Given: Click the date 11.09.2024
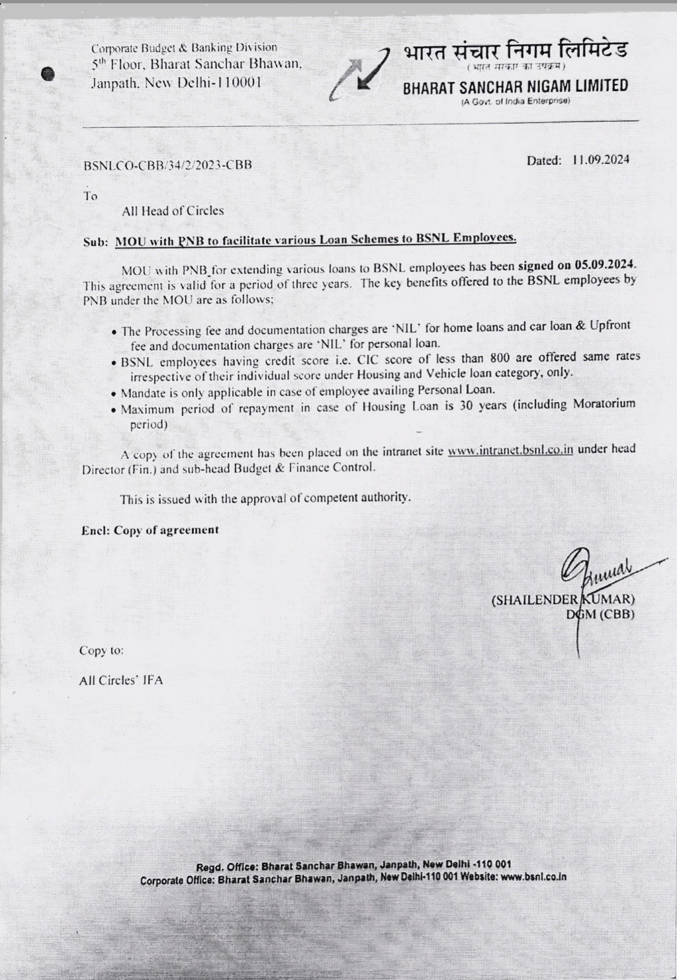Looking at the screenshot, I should (x=601, y=160).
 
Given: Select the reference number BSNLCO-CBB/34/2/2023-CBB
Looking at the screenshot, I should (x=167, y=165).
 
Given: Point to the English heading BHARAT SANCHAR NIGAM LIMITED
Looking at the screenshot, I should (x=516, y=87).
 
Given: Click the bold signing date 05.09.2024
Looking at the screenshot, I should (x=605, y=265).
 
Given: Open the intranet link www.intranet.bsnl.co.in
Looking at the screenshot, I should (x=510, y=450).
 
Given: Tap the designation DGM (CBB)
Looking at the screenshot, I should (x=600, y=614).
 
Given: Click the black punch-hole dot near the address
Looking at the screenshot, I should (x=48, y=75).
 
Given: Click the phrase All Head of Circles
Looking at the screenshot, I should (x=173, y=211).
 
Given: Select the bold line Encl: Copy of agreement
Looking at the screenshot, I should (x=150, y=530).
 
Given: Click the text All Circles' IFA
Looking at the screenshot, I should (x=121, y=680).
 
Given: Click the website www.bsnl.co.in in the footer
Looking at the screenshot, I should (x=533, y=878).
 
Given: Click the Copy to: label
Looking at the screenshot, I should (x=101, y=650).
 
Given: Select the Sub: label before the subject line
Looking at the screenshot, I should (x=96, y=243).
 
